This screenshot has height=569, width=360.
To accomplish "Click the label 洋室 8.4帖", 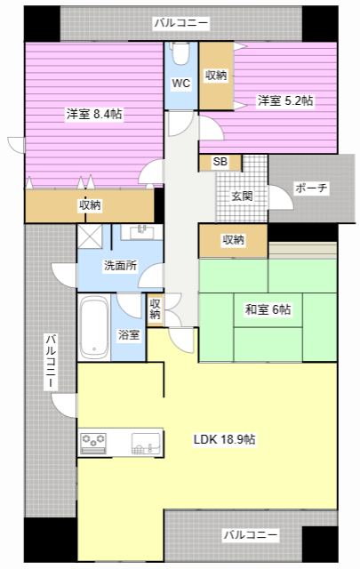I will [x=93, y=114].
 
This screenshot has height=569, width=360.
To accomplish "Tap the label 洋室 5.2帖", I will [x=284, y=100].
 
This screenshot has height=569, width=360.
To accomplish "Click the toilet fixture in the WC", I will [x=180, y=56].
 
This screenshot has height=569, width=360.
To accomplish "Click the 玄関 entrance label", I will [x=243, y=196].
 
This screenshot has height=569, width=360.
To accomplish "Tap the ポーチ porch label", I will [x=310, y=188].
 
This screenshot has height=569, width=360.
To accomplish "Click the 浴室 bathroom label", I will [x=128, y=334].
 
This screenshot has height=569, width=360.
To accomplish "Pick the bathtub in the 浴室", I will [x=94, y=328].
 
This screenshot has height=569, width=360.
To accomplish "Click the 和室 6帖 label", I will [x=268, y=309].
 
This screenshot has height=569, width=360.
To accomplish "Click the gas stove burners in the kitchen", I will [x=93, y=442].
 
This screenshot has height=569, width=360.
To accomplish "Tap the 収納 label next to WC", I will [x=216, y=76].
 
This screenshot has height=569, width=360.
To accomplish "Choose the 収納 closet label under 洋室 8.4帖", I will [x=90, y=205].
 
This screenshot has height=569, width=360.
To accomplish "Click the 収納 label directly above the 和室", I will [x=233, y=239].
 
